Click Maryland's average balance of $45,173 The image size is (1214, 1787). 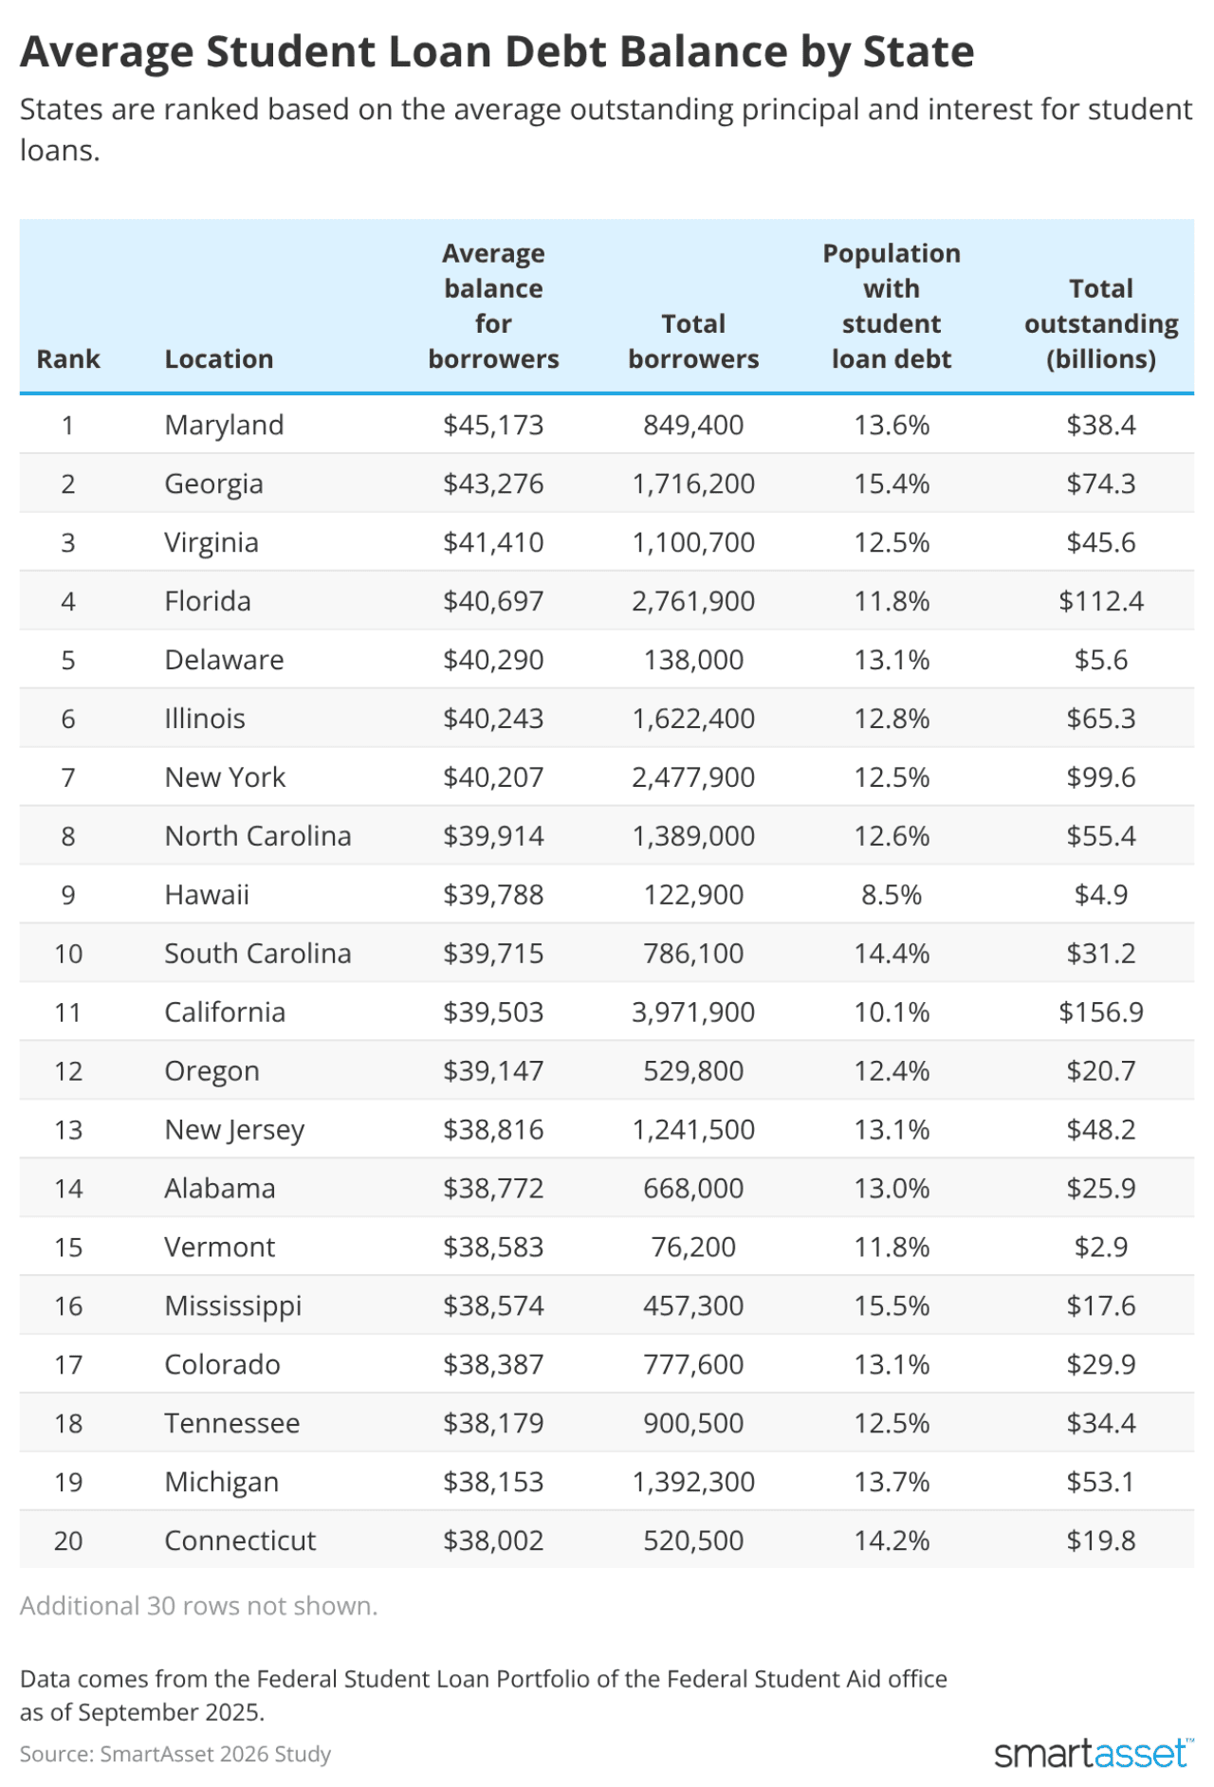(x=493, y=425)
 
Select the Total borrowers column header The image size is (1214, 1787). (x=693, y=341)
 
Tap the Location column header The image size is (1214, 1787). (x=219, y=359)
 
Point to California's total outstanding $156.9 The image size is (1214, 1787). (x=1100, y=1012)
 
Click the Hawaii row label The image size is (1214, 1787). (x=207, y=895)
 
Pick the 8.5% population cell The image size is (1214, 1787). (x=892, y=895)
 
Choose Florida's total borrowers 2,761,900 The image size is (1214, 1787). (x=693, y=601)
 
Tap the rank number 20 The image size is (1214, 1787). (x=68, y=1541)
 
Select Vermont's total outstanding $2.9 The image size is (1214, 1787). (x=1100, y=1247)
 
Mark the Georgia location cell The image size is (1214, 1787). (x=213, y=483)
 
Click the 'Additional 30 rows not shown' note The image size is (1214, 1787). (x=199, y=1606)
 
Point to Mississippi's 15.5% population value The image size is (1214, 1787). (x=892, y=1305)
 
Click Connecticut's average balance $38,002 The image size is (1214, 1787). (x=493, y=1541)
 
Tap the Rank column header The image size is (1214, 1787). (x=68, y=359)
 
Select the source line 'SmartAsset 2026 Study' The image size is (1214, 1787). (x=175, y=1754)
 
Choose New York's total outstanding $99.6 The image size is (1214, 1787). (x=1100, y=777)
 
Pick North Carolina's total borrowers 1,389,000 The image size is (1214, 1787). (x=693, y=836)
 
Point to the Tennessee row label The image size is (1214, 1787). (x=232, y=1423)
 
